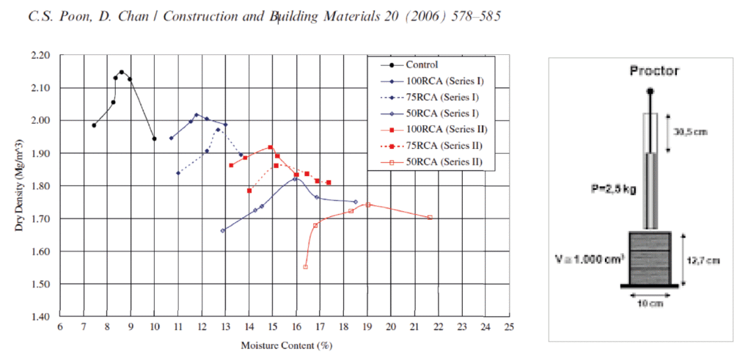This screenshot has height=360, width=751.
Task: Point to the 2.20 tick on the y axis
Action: coord(41,55)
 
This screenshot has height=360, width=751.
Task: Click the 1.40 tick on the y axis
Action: coord(41,317)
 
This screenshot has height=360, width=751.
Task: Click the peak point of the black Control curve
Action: coord(122,72)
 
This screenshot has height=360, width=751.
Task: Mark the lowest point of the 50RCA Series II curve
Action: coord(305,267)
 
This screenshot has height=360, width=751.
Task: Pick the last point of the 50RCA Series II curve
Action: coord(430,217)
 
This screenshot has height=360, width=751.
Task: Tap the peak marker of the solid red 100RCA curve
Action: coord(270,147)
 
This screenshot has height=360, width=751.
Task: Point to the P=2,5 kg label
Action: coord(613,189)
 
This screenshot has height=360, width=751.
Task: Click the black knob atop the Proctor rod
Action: coord(651,92)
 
